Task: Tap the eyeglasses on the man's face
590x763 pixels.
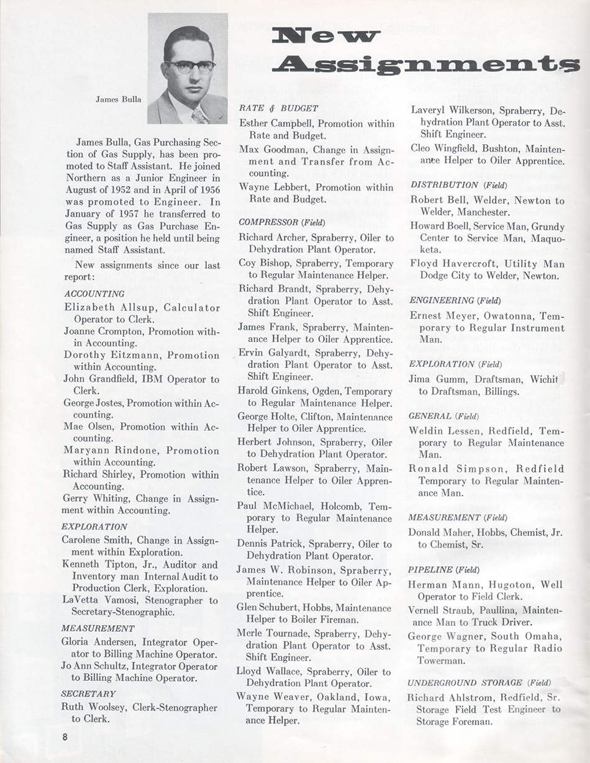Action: coord(189,66)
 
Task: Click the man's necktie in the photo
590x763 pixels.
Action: coord(199,115)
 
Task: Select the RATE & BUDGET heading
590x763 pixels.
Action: coord(278,109)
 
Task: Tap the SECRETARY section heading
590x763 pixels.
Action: coord(88,693)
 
